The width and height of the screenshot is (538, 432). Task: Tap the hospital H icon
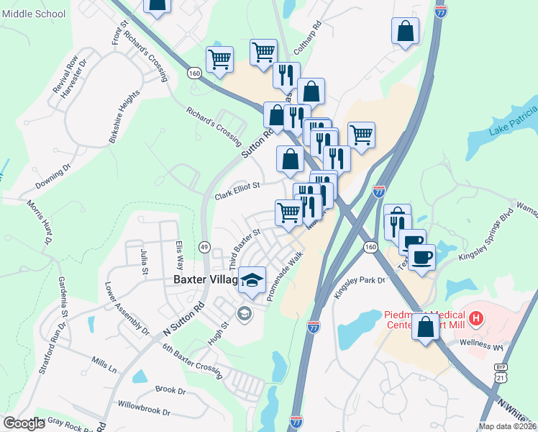pos(475,317)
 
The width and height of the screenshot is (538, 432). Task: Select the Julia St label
pos(145,261)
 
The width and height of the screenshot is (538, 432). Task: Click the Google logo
pos(24,423)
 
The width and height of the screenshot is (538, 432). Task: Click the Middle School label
pos(34,14)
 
